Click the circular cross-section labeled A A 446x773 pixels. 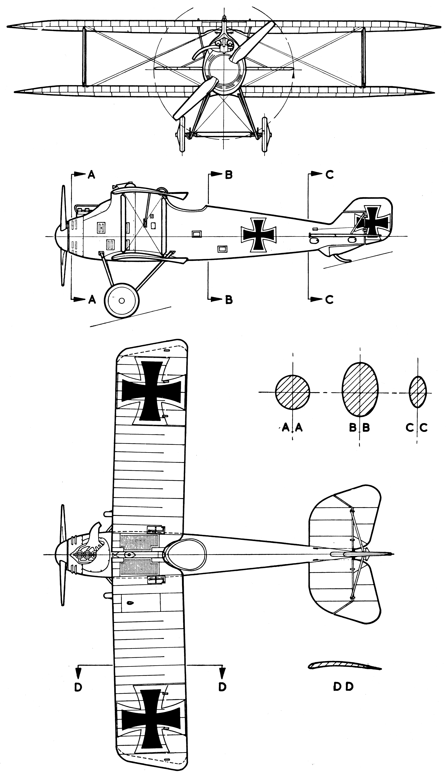(293, 393)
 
